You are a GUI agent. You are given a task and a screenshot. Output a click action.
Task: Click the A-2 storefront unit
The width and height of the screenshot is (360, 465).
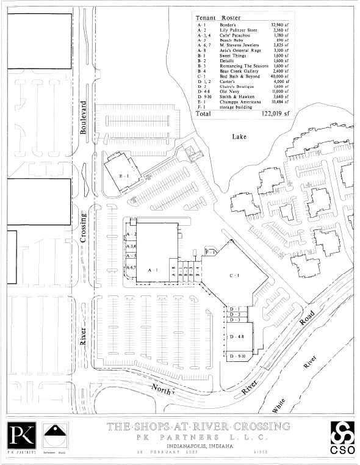point(131,234)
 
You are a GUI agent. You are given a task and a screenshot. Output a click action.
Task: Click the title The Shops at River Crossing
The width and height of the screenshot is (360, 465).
point(198,427)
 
